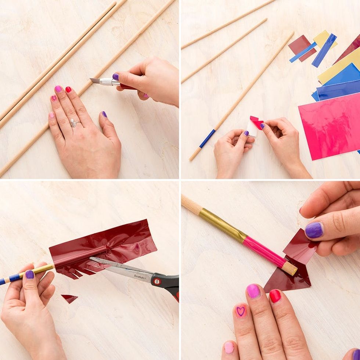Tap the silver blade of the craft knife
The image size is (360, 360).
tap(95, 80)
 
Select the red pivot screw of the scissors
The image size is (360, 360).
tap(157, 281)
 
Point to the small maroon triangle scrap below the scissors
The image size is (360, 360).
tap(69, 298)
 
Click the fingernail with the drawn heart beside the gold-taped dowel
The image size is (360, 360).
tap(241, 311)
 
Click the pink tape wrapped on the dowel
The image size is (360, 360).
tap(264, 252)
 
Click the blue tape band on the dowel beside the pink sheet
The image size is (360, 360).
tap(208, 139)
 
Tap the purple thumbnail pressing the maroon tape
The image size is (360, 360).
tap(314, 230)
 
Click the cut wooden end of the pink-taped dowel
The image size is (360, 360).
tap(290, 269)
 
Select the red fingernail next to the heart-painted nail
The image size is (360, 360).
tap(275, 296)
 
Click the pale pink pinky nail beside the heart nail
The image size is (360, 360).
tap(229, 348)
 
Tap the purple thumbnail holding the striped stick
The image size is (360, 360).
tap(30, 274)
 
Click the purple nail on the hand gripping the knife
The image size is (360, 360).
tap(115, 77)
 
